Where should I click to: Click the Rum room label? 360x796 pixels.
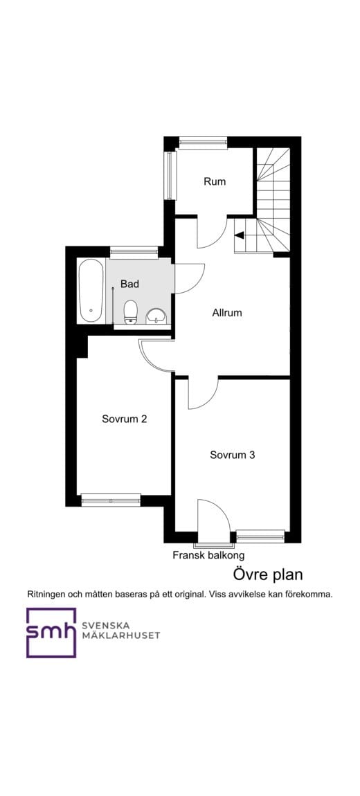pyautogui.click(x=215, y=181)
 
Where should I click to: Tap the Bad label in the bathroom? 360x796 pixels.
pyautogui.click(x=129, y=284)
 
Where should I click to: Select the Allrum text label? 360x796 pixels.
pyautogui.click(x=227, y=313)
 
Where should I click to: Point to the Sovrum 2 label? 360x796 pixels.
pyautogui.click(x=125, y=419)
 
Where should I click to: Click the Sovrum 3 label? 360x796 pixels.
pyautogui.click(x=233, y=455)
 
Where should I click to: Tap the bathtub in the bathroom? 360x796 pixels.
pyautogui.click(x=91, y=290)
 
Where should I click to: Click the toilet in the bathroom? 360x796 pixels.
pyautogui.click(x=131, y=311)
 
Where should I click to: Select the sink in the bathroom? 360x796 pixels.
pyautogui.click(x=156, y=316)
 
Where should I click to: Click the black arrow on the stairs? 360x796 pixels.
pyautogui.click(x=239, y=235)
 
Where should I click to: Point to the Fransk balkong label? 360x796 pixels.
pyautogui.click(x=208, y=555)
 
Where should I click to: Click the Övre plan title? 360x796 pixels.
pyautogui.click(x=268, y=575)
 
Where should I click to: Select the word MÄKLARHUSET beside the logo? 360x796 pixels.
pyautogui.click(x=121, y=635)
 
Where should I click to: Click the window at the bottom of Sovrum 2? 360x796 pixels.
pyautogui.click(x=111, y=500)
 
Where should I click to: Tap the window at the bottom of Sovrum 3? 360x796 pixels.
pyautogui.click(x=260, y=536)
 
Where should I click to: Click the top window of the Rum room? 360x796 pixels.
pyautogui.click(x=203, y=143)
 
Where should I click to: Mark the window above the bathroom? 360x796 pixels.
pyautogui.click(x=134, y=252)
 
